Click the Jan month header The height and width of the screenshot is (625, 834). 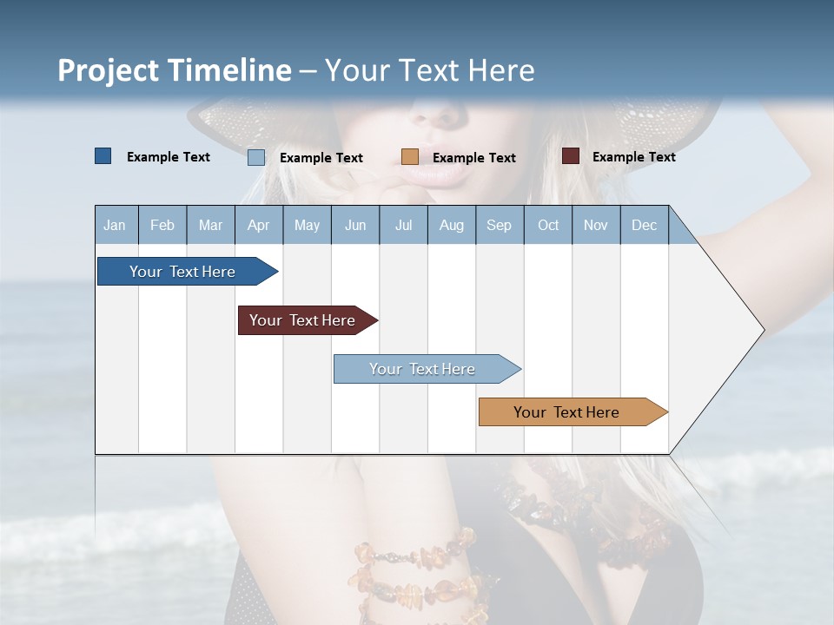(115, 226)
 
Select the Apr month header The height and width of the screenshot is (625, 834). (258, 226)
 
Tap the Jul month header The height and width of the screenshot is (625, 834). (403, 226)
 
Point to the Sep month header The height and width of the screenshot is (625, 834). (499, 226)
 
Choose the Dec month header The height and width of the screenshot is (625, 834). (644, 226)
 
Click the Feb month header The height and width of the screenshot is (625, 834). (162, 226)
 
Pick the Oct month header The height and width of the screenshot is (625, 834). (548, 226)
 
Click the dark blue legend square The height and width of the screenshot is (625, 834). (103, 156)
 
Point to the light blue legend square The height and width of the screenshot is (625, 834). (256, 157)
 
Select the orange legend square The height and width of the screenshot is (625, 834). (410, 157)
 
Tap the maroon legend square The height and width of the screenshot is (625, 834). (571, 156)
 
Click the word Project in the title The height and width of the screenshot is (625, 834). (108, 70)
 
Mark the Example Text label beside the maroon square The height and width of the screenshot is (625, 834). (633, 157)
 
